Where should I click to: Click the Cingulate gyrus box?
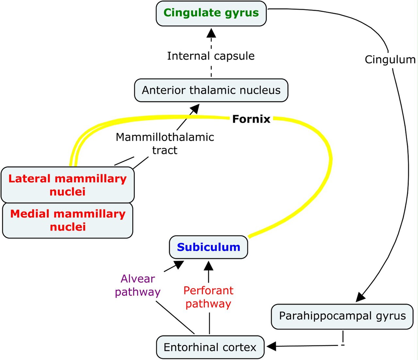(211, 13)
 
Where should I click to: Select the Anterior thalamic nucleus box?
(211, 90)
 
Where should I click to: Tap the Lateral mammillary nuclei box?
(68, 185)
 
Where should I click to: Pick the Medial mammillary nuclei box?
(68, 220)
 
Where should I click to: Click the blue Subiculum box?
(208, 247)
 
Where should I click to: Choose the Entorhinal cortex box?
(210, 347)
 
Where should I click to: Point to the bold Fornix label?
(251, 119)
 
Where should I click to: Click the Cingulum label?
(390, 60)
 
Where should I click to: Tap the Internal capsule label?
(211, 56)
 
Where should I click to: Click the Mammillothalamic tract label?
(165, 144)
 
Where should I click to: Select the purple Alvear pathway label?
(137, 285)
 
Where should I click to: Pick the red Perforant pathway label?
(208, 297)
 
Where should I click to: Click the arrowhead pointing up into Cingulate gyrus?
(211, 33)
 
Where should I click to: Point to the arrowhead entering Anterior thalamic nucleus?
(195, 109)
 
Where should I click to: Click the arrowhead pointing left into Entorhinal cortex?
(271, 347)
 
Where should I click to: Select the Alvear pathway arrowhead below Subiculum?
(179, 265)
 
